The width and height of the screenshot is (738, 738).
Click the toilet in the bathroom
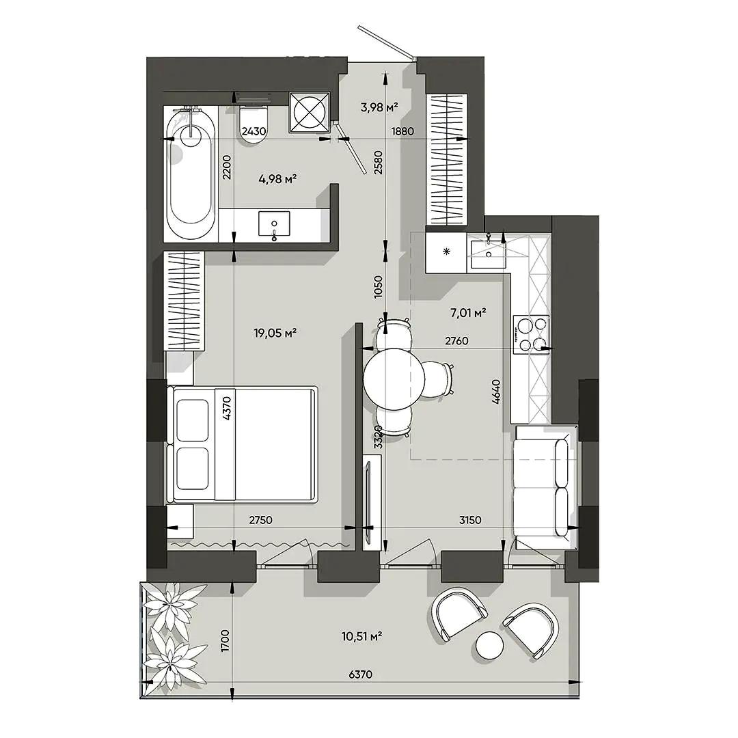click(x=254, y=124)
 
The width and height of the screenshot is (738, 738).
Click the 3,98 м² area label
click(x=380, y=107)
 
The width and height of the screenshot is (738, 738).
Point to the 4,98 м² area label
click(x=277, y=179)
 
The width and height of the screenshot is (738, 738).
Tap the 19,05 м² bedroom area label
click(x=275, y=333)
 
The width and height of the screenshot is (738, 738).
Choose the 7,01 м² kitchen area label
click(x=468, y=312)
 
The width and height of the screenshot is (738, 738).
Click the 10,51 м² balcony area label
click(x=361, y=637)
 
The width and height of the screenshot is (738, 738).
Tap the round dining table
click(x=394, y=378)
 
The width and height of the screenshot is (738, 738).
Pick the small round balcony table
click(x=490, y=645)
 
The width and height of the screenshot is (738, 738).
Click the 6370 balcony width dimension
click(x=361, y=674)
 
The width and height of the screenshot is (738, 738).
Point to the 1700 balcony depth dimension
click(x=225, y=640)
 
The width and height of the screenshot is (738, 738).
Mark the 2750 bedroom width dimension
click(x=261, y=520)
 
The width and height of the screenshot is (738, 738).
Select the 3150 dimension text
click(x=469, y=520)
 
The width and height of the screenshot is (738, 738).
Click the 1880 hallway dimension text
click(x=403, y=131)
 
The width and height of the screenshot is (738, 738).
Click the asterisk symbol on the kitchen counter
click(x=447, y=251)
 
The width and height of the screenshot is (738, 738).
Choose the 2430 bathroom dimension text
click(x=254, y=131)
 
